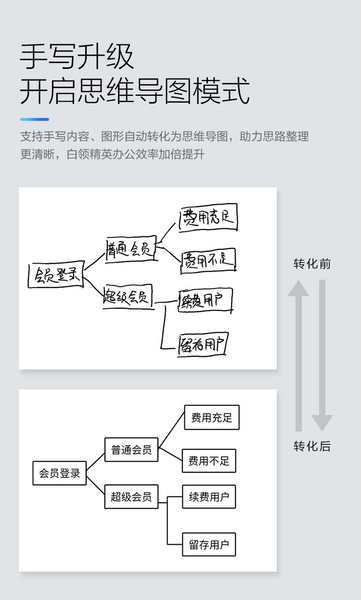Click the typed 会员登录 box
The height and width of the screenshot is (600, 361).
(60, 473)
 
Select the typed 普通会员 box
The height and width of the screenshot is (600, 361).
(131, 450)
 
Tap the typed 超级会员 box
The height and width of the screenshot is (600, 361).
(131, 496)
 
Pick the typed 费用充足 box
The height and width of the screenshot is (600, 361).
(212, 417)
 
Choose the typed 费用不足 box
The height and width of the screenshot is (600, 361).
(209, 461)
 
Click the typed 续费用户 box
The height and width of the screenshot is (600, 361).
(209, 496)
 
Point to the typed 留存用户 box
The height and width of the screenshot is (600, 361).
(209, 545)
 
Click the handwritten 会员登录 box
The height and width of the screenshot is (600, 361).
(55, 275)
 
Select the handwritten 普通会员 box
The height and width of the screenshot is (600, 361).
(131, 248)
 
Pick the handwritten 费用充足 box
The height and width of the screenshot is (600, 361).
(208, 218)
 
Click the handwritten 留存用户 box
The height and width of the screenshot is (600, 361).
(202, 344)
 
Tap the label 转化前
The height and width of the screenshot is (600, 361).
(312, 264)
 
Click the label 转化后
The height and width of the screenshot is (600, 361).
(312, 446)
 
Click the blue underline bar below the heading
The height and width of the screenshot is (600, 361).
(35, 119)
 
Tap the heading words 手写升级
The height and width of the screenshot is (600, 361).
(77, 57)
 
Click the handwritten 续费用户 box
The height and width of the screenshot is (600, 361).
(206, 300)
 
